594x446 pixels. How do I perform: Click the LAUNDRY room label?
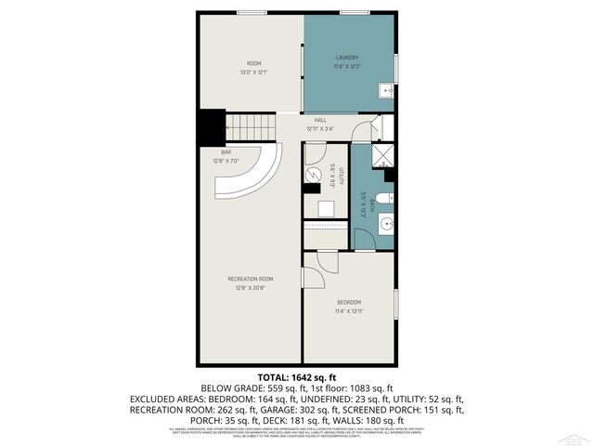point(347,59)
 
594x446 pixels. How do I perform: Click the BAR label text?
point(226,151)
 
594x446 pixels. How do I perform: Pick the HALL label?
point(319,120)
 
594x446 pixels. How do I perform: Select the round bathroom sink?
point(385,224)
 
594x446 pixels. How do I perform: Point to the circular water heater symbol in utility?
point(314,175)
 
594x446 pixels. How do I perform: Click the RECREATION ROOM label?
point(251,279)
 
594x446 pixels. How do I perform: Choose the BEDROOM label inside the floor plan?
point(349,303)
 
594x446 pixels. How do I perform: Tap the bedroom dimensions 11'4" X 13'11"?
point(349,312)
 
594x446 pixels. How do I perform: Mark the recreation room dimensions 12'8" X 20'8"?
point(251,288)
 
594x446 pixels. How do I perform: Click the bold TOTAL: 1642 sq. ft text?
point(296,376)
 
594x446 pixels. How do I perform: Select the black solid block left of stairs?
point(212,126)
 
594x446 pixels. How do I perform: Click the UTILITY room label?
point(342,177)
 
